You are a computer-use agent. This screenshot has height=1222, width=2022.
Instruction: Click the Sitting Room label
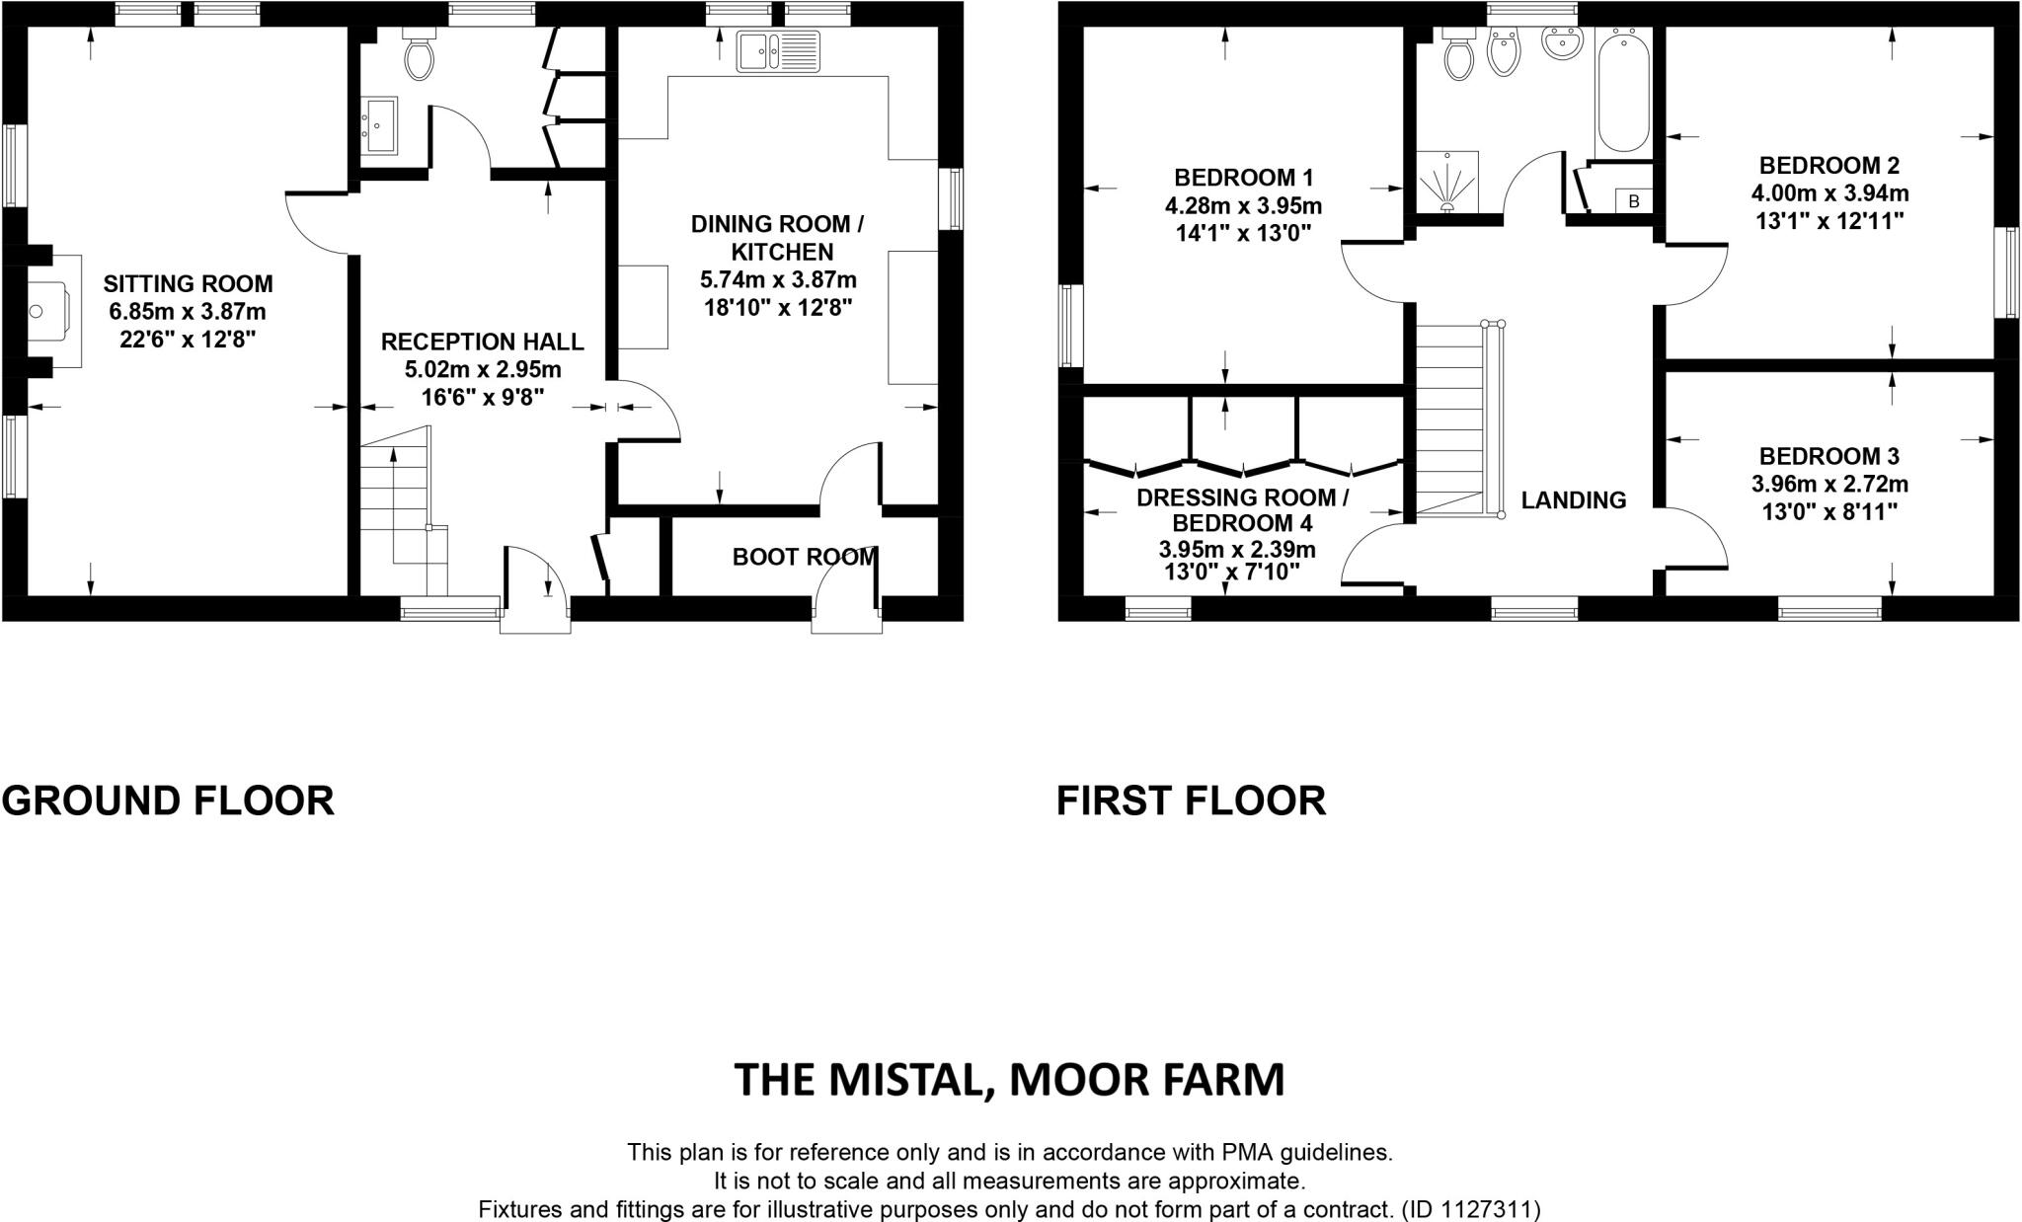point(188,284)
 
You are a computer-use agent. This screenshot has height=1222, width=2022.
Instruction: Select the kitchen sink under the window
point(778,51)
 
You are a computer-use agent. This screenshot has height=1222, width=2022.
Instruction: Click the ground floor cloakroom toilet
point(420,55)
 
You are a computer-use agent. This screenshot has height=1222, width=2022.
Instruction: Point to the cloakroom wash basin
point(379,125)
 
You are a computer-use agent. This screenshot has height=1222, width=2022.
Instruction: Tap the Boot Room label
point(804,557)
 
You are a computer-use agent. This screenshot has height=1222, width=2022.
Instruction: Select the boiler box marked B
point(1634,201)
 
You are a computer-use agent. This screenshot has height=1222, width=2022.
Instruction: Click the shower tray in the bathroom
point(1447,182)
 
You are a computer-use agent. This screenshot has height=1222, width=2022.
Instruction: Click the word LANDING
point(1573,500)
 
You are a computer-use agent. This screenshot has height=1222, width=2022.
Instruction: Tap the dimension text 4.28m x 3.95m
point(1243,207)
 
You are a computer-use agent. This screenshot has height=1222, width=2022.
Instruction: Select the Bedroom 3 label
point(1829,456)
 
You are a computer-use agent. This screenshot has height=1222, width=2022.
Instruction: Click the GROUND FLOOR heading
point(168,801)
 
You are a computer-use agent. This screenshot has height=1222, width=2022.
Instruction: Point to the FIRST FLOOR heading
point(1191,801)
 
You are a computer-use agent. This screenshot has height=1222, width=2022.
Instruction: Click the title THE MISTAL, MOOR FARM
point(1009,1080)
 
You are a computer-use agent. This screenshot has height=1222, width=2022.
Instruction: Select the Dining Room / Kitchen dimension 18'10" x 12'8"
point(777,308)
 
